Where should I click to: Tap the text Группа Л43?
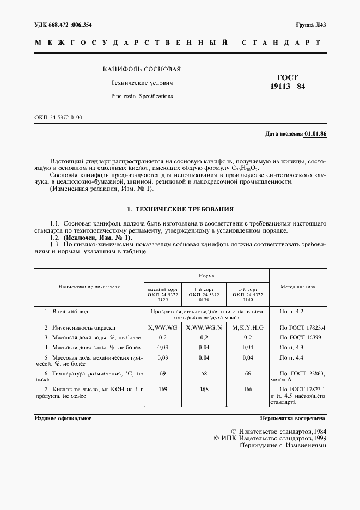click(310, 25)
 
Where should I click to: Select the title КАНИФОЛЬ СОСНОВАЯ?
click(142, 70)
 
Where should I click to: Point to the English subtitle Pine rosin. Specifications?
click(142, 96)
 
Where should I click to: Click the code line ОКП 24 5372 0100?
click(58, 117)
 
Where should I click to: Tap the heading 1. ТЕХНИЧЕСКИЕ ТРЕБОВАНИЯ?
click(180, 209)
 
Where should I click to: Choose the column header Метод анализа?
click(297, 286)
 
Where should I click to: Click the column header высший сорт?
click(162, 289)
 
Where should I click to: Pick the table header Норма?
click(206, 276)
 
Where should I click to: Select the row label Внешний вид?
click(66, 312)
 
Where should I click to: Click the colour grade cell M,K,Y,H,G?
click(247, 328)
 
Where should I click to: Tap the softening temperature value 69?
click(162, 373)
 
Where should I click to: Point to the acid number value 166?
click(247, 390)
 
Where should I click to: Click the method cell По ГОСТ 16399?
click(297, 337)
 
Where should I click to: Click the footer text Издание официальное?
click(63, 418)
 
